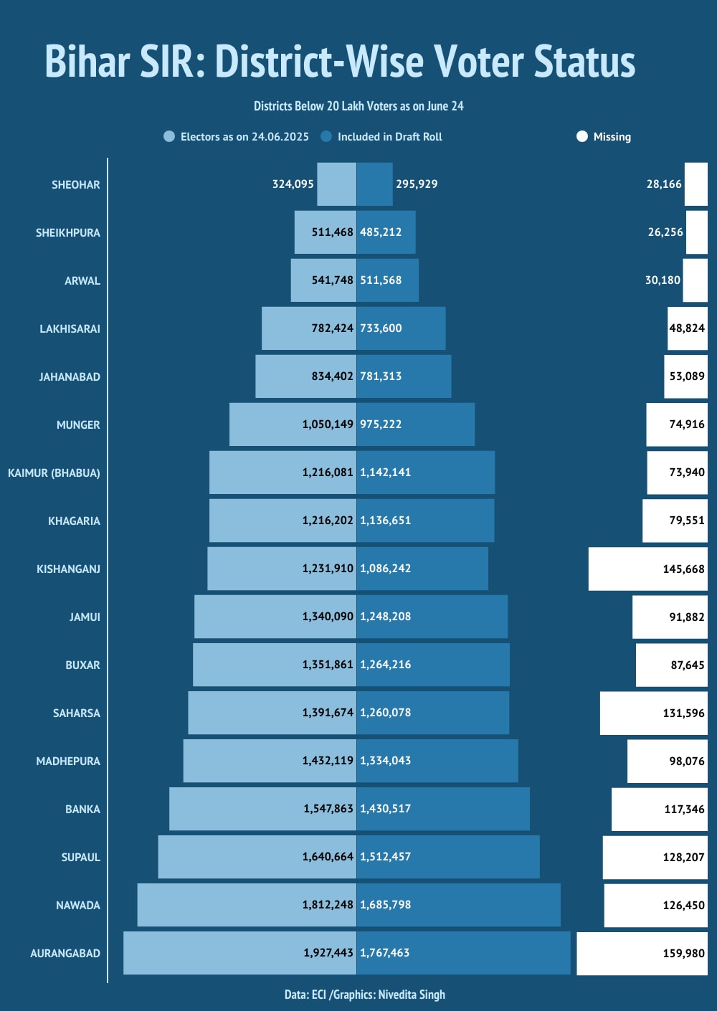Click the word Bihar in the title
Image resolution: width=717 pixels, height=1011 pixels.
click(x=87, y=62)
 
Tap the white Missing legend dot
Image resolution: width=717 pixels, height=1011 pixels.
click(x=582, y=136)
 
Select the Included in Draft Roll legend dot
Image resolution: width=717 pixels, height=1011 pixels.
click(x=326, y=136)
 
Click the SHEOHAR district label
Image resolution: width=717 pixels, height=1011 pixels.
click(x=75, y=184)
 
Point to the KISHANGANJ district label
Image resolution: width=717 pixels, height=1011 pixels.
click(x=68, y=569)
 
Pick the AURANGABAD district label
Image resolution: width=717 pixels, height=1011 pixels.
click(x=65, y=953)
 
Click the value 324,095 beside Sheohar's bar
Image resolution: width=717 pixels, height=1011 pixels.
click(x=293, y=184)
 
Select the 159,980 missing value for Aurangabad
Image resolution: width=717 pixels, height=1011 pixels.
click(x=683, y=953)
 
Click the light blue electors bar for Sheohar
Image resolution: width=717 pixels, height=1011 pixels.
click(x=336, y=184)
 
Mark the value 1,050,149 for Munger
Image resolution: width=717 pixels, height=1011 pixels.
click(x=328, y=424)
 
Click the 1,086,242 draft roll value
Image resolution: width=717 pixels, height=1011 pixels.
click(x=385, y=568)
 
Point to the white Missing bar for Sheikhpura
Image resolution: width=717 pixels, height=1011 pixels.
click(x=696, y=232)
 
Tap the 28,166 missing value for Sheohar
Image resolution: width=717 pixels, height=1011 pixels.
click(x=664, y=184)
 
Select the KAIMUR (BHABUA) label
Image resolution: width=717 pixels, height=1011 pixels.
click(x=54, y=473)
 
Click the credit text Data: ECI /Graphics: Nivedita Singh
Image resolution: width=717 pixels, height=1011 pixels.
click(x=364, y=995)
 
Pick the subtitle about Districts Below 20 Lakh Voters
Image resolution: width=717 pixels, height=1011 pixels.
click(x=358, y=106)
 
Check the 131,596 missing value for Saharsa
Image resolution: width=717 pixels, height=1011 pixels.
click(x=683, y=713)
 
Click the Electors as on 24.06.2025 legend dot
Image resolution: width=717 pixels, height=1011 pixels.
click(x=169, y=136)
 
